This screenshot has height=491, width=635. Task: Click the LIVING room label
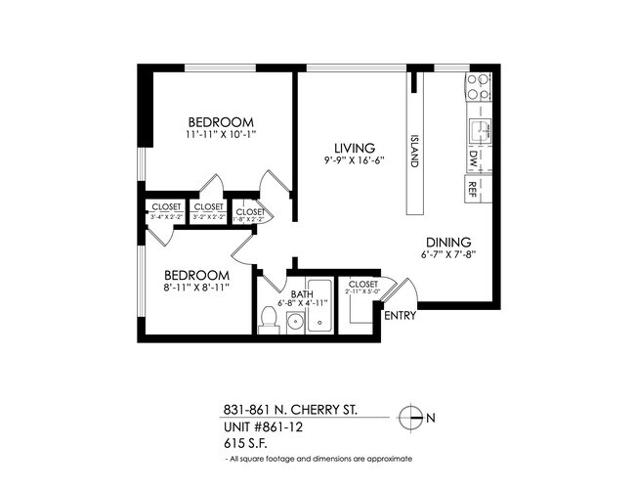click(349, 147)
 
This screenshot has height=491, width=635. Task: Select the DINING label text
click(448, 243)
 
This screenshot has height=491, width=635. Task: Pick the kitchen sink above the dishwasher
click(478, 129)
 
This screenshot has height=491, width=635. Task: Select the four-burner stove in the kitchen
click(478, 88)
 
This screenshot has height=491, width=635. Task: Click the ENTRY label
click(401, 316)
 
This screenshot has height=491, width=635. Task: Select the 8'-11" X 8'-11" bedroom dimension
click(195, 289)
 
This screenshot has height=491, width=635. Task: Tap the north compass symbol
click(413, 418)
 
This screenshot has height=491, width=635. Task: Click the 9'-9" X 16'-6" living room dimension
click(349, 160)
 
